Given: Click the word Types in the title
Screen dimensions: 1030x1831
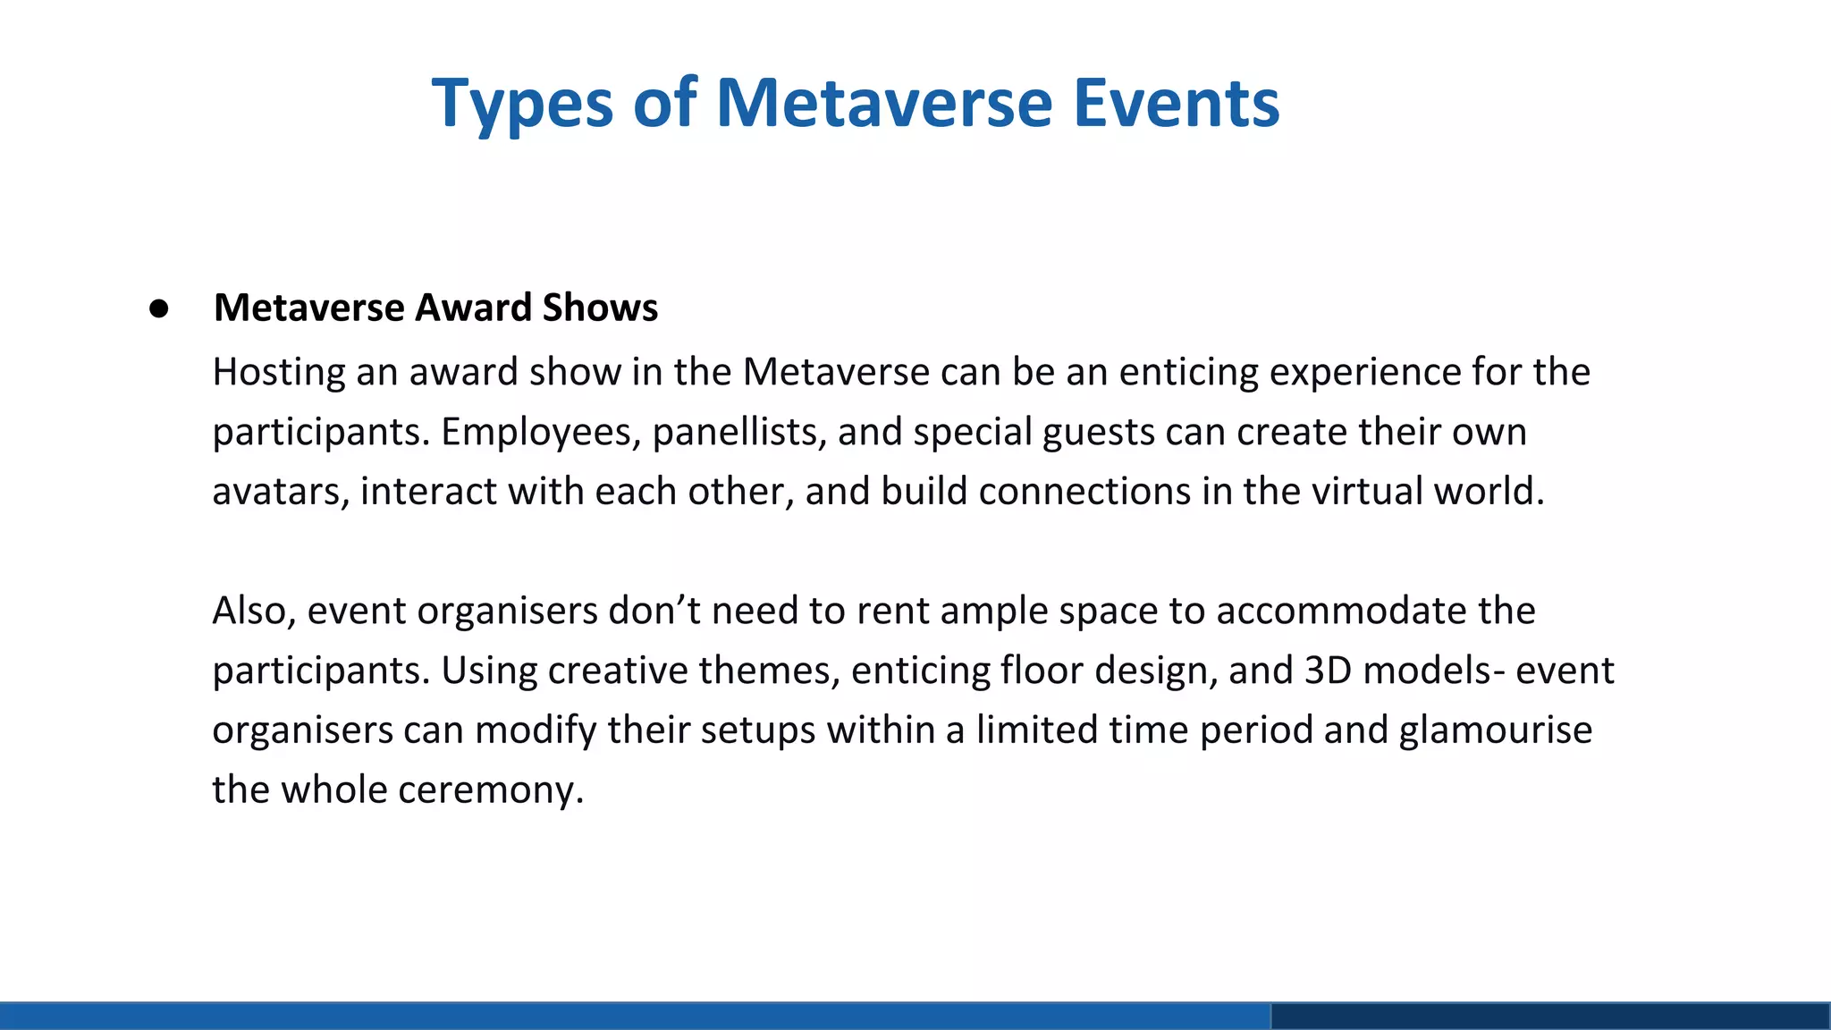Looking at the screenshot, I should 522,105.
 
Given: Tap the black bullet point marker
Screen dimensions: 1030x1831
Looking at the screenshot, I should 159,308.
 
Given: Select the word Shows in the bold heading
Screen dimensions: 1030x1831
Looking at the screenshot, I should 600,308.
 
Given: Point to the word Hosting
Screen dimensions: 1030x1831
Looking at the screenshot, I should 278,373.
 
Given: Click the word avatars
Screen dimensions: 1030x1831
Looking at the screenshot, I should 280,492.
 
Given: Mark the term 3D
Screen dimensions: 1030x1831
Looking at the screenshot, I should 1328,671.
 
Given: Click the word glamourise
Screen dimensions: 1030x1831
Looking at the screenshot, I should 1495,730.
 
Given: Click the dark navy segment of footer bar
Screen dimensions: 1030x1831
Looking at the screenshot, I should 1550,1017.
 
